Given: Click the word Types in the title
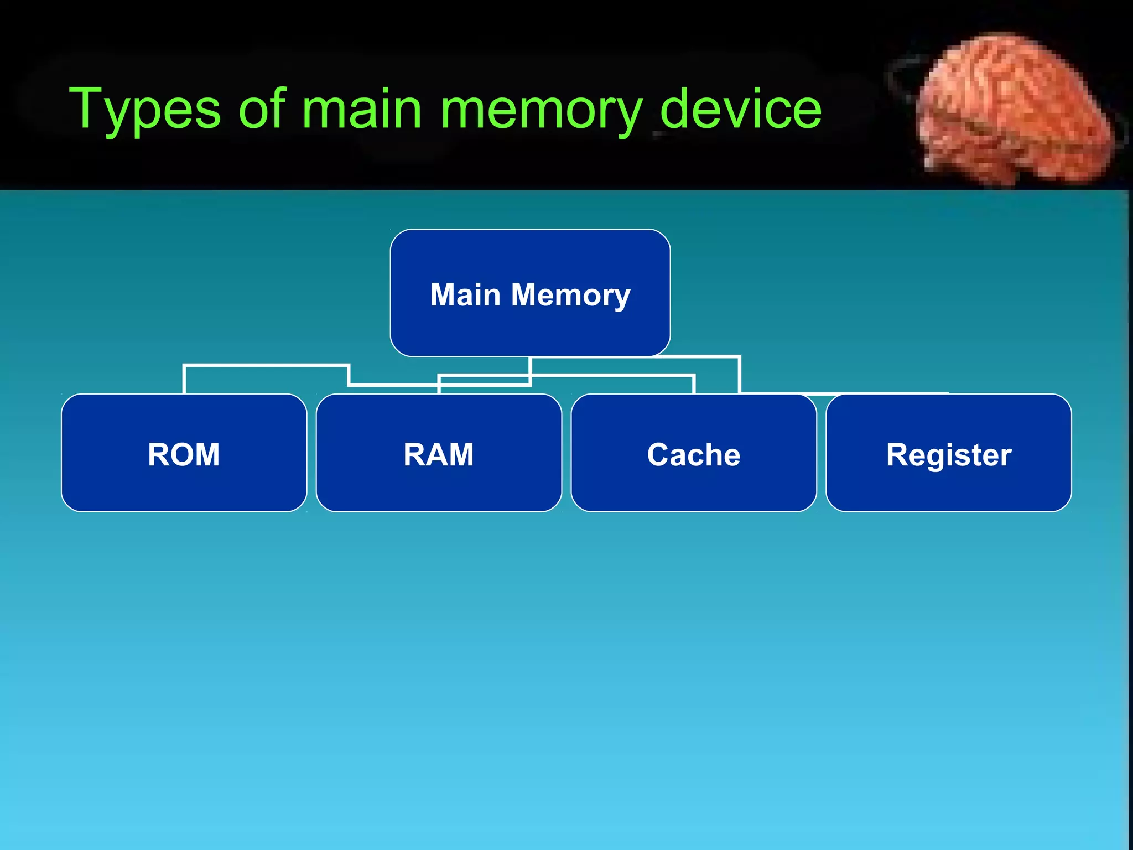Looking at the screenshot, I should (145, 110).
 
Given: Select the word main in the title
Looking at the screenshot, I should (362, 108).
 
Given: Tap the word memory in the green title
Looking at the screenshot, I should (541, 110).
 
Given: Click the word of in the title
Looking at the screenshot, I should (262, 108).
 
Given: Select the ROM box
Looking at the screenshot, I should (184, 487).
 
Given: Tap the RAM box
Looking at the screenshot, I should (439, 487).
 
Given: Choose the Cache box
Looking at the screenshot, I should (694, 487).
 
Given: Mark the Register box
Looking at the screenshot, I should (949, 487).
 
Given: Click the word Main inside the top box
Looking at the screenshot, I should (465, 294).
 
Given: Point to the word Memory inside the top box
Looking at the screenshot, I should (570, 296).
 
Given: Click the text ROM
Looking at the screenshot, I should (184, 455).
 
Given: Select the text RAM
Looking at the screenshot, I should (439, 455).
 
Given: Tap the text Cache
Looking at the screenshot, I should (694, 455).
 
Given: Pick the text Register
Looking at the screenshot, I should (949, 455).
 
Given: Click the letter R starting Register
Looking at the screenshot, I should (898, 454).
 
